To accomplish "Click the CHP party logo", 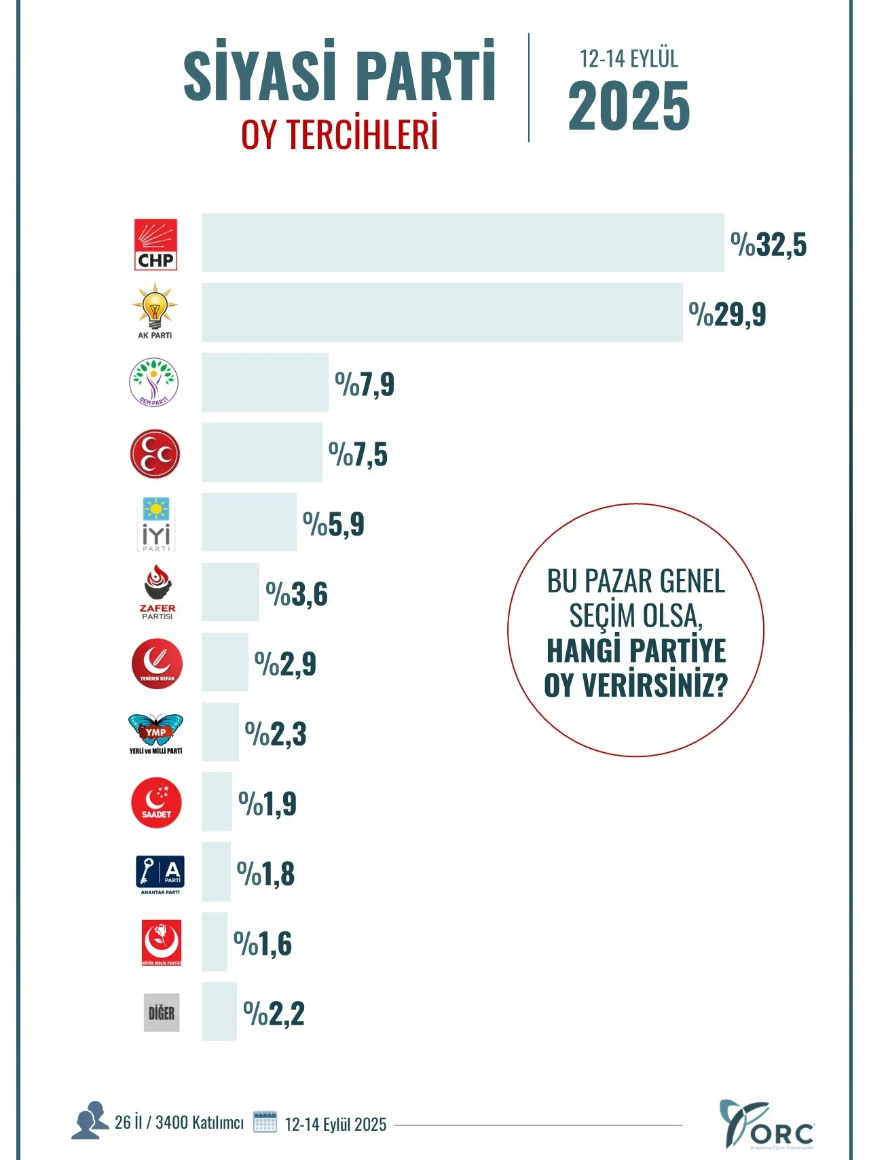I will coord(155,245).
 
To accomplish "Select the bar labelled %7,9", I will coord(265,382).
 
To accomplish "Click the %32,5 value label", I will coord(769,245).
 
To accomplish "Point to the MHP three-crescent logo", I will coord(155,453).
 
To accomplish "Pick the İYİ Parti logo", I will coord(156,524).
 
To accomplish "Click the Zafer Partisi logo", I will coord(157,592).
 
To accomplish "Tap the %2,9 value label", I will coord(285,664).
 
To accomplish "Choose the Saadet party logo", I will coord(156,803).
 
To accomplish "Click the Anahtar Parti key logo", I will coord(160,874).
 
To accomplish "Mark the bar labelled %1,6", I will coord(215,942).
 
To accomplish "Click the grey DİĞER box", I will coord(162,1013).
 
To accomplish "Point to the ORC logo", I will coord(766,1124).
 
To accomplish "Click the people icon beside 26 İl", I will coord(90,1120).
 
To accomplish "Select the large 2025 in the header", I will coord(629,106).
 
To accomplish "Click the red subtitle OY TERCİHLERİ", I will coord(339,135).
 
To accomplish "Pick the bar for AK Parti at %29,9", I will coord(442,313).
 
